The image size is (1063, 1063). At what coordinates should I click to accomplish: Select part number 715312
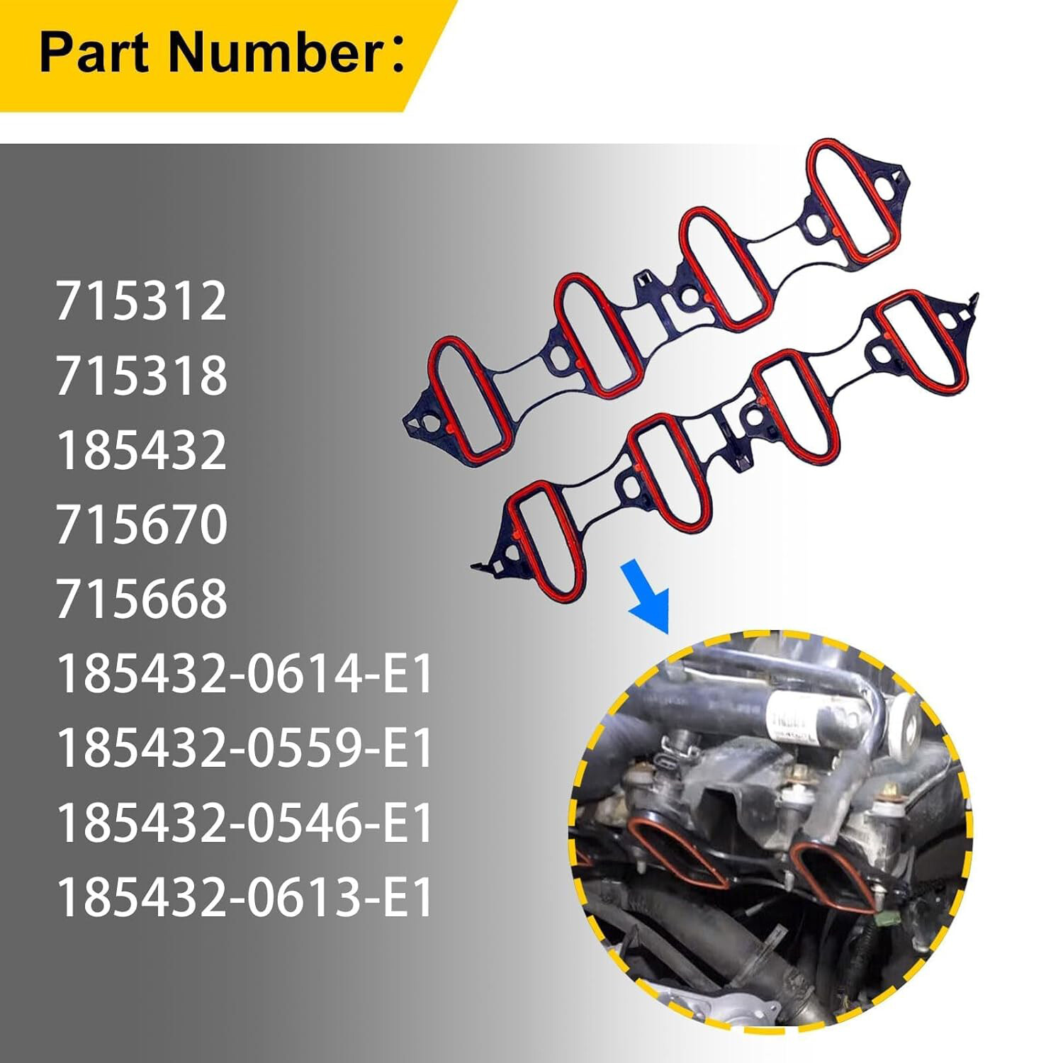click(141, 301)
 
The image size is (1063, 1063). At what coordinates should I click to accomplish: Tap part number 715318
click(141, 376)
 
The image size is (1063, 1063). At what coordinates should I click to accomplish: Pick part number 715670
click(141, 524)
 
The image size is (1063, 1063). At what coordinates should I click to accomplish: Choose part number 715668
click(141, 599)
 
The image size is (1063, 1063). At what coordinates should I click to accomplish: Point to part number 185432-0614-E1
click(244, 674)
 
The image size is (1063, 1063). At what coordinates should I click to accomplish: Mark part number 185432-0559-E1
click(244, 748)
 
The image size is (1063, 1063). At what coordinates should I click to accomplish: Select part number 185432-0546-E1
click(244, 823)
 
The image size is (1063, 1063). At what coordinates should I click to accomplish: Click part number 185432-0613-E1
click(244, 897)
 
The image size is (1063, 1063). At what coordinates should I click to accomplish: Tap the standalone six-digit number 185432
click(141, 450)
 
